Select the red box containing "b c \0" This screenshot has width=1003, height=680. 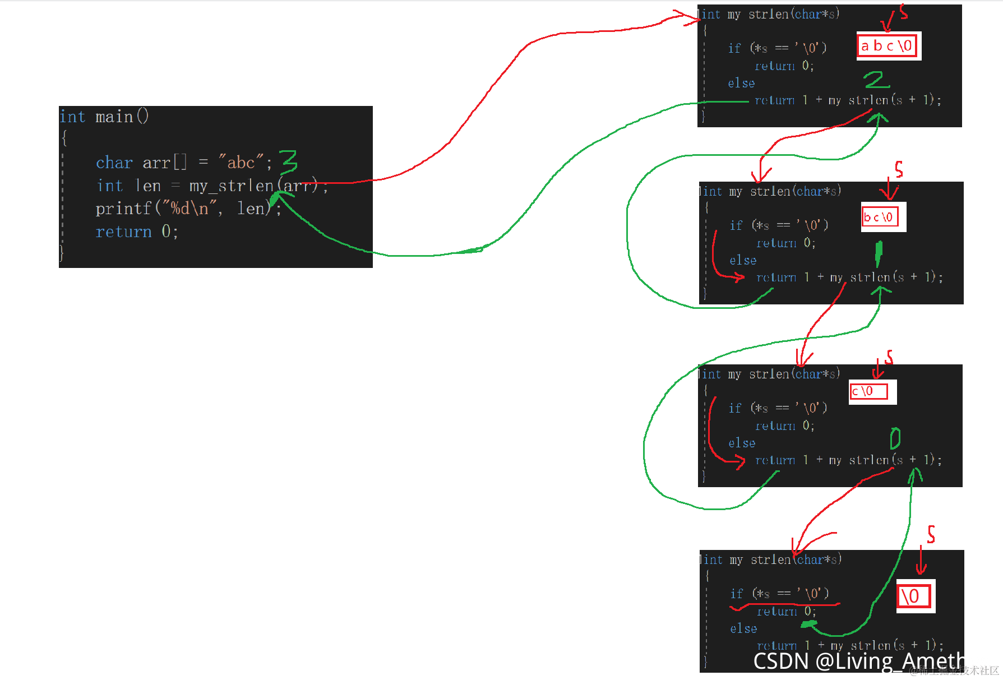[879, 217]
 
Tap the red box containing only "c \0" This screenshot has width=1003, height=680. [868, 391]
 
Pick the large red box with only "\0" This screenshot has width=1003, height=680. [913, 596]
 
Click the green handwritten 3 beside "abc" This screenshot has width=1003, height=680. [289, 163]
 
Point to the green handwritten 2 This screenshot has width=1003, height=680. [876, 80]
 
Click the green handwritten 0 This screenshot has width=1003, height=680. [895, 438]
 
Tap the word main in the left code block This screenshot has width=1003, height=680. [114, 117]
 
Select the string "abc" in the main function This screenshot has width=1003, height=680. [241, 163]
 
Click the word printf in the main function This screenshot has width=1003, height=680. [123, 209]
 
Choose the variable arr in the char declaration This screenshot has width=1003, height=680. [156, 163]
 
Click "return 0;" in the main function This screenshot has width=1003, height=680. [137, 232]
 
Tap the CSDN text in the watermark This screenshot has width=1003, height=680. [780, 662]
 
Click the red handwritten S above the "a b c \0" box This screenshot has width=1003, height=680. [903, 11]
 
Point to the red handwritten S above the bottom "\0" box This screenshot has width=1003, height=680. [931, 534]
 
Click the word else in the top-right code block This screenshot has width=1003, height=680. [741, 84]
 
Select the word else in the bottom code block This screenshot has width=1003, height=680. [743, 628]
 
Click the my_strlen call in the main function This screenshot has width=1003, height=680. [231, 186]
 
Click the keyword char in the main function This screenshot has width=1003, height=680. [114, 163]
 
